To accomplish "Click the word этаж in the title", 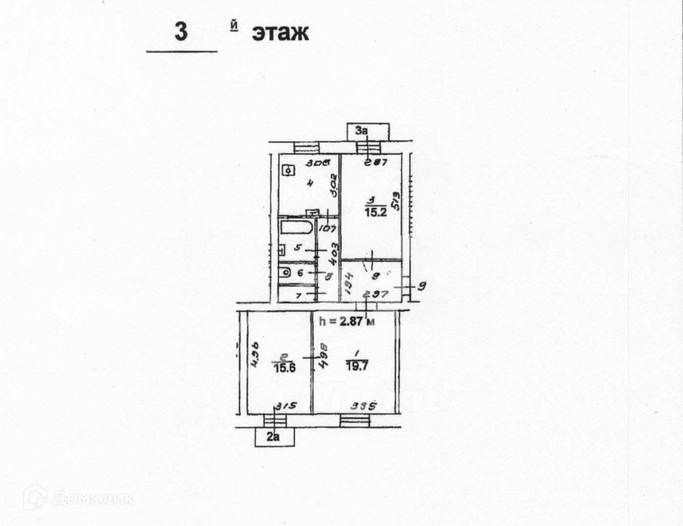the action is tap(280, 33).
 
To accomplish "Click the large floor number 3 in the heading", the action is tap(181, 32).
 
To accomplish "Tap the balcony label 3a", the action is tap(361, 131).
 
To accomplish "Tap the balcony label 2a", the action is tap(274, 437).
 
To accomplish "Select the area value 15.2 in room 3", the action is tap(376, 212).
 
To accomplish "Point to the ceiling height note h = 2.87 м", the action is tap(347, 321).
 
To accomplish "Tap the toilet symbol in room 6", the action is tap(285, 273).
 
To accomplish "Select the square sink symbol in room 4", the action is tap(290, 171).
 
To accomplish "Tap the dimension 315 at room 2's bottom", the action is tap(287, 406).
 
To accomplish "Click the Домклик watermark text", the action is tap(93, 498).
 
